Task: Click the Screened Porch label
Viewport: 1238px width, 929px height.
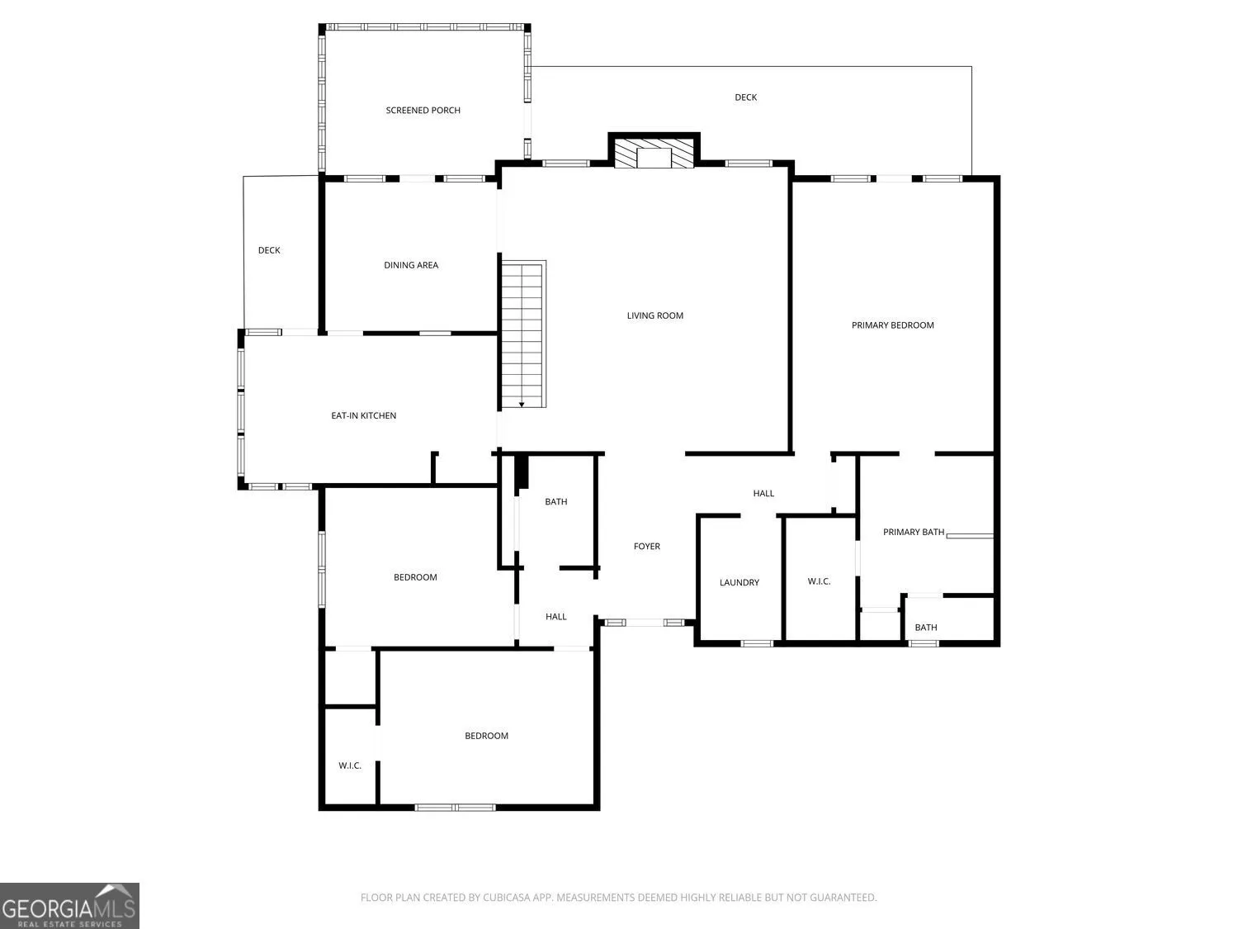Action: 423,111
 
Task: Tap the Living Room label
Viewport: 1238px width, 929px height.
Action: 654,316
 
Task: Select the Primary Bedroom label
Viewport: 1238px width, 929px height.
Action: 892,325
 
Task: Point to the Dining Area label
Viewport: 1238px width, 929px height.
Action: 410,265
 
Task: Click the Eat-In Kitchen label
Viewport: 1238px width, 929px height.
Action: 363,415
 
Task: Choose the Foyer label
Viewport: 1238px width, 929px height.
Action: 646,547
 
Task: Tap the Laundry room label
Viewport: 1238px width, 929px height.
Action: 739,583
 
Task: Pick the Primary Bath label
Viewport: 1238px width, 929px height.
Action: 913,533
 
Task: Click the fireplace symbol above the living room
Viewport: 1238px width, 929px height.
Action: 654,150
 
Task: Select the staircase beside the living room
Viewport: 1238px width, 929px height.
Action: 522,334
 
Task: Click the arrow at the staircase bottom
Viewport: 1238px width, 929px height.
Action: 522,405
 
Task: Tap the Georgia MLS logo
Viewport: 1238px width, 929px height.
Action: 69,906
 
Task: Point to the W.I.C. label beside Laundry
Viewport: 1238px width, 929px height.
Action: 819,581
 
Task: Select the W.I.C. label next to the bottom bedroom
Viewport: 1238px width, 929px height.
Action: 350,766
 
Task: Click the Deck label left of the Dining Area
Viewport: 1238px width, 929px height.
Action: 269,250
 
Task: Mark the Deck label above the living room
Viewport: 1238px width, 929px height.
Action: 745,97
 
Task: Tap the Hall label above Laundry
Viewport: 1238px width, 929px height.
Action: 763,494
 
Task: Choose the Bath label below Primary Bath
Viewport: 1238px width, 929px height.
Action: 925,628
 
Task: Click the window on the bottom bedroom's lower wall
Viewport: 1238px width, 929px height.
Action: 455,808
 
